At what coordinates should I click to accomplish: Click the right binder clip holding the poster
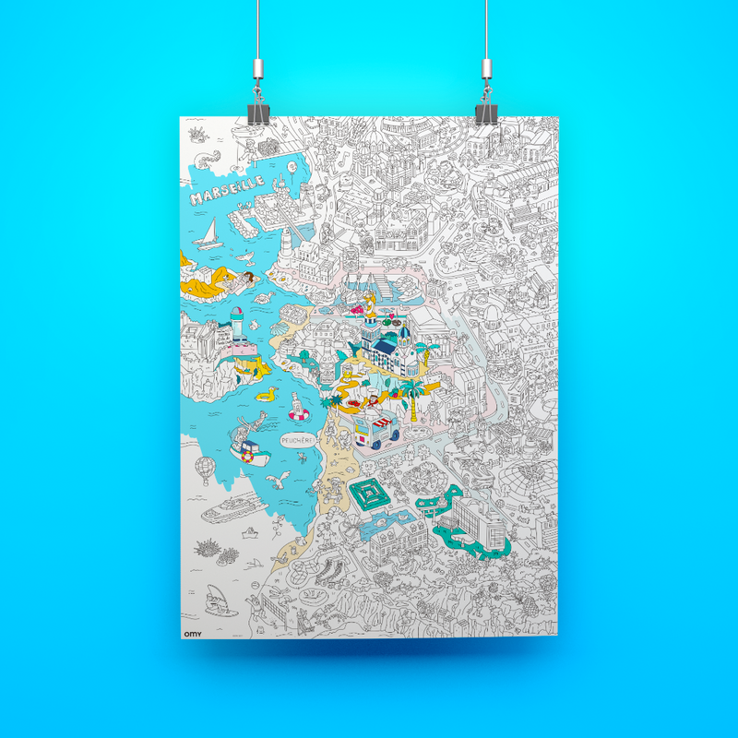tap(485, 110)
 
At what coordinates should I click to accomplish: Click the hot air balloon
tap(210, 469)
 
